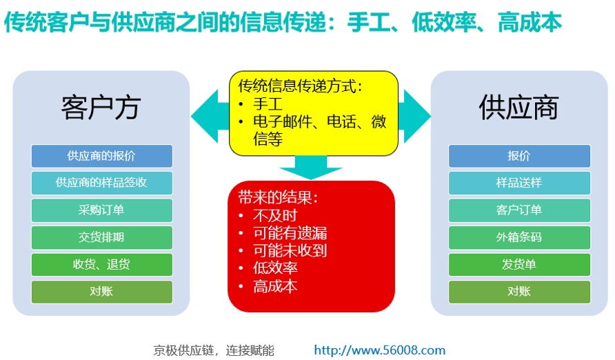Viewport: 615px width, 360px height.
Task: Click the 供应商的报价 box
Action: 102,156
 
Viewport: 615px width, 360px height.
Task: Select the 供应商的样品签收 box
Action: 102,183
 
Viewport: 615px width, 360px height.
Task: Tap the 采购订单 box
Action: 102,210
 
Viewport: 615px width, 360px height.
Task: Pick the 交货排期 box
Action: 102,237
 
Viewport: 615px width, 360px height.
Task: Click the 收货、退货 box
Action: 102,264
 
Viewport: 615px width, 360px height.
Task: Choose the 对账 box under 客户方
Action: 102,291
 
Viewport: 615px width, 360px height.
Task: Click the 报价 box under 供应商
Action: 519,156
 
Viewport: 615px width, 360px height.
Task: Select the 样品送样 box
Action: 519,183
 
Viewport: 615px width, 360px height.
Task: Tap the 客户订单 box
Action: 519,210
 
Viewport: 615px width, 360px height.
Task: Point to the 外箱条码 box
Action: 519,237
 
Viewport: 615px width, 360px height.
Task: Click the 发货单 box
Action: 519,264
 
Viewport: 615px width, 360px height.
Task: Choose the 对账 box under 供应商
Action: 519,291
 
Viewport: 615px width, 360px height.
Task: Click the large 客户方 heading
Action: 101,108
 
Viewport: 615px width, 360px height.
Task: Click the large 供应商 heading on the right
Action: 518,108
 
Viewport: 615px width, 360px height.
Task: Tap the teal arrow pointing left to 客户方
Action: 210,116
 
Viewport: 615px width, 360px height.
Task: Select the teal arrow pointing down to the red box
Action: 311,168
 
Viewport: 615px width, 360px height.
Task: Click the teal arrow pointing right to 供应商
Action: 414,116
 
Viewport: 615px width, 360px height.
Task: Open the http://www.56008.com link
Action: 380,350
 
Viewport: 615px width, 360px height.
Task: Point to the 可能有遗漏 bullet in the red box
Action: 290,233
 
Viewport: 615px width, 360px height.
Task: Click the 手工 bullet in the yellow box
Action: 268,104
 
